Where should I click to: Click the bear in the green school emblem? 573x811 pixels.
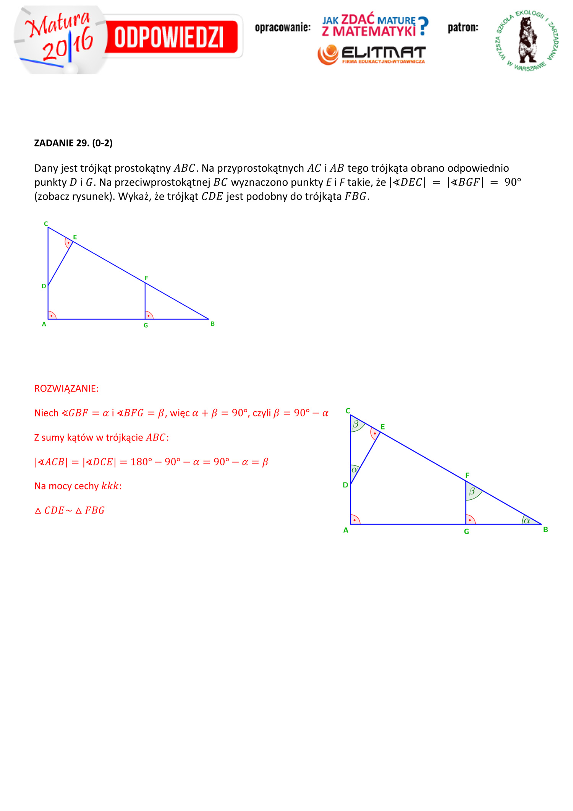click(528, 40)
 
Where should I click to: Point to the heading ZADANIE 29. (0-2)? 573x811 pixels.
click(73, 143)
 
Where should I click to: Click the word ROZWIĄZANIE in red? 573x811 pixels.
click(66, 388)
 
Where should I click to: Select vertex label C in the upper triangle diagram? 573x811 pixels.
click(46, 224)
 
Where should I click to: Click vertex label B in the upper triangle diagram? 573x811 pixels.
click(212, 324)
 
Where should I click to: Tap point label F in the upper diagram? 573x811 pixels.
click(146, 278)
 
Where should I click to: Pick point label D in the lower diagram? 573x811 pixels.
click(345, 485)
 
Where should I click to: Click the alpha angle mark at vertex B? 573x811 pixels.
click(527, 520)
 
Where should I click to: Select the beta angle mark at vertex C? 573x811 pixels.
click(356, 424)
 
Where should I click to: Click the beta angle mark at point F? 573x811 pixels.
click(472, 491)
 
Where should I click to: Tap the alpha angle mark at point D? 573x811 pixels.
click(354, 470)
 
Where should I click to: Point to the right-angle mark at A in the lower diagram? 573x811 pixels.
click(355, 520)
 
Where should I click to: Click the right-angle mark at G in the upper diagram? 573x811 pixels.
click(149, 315)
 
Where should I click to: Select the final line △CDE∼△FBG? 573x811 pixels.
click(70, 510)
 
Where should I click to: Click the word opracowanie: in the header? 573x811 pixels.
click(283, 28)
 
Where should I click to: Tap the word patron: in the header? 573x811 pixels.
click(463, 28)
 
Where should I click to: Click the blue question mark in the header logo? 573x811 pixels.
click(423, 26)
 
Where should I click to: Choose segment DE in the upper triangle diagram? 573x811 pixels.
click(60, 264)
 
